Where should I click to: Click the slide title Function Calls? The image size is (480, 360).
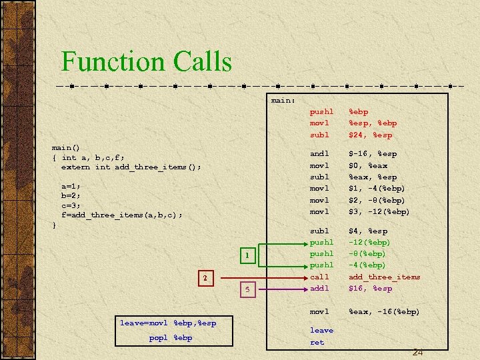(x=147, y=61)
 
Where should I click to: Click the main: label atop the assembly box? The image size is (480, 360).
(x=283, y=100)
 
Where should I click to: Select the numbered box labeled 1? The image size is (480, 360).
(x=247, y=255)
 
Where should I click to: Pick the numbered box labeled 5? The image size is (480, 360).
(x=247, y=289)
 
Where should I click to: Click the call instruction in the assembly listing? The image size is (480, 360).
(x=319, y=277)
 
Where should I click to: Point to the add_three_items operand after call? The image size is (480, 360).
(x=385, y=277)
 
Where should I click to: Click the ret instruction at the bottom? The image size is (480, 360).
(x=317, y=342)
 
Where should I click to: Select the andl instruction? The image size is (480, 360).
(x=319, y=153)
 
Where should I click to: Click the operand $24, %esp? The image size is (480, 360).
(x=370, y=135)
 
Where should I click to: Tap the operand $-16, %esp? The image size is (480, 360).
(x=372, y=153)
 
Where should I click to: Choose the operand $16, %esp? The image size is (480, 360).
(x=370, y=288)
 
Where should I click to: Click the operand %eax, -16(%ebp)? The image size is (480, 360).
(x=384, y=311)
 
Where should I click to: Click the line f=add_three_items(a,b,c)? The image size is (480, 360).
(x=121, y=215)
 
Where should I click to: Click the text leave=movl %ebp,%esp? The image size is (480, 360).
(x=167, y=323)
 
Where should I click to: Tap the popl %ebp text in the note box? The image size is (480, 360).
(x=171, y=337)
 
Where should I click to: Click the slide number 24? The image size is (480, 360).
(x=417, y=352)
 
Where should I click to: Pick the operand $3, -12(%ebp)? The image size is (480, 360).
(x=379, y=211)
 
